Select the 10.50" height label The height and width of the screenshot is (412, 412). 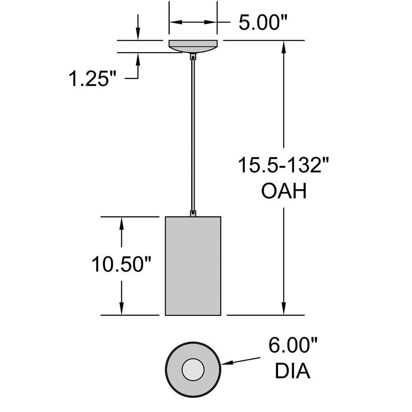click(122, 265)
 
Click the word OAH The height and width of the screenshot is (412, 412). click(284, 191)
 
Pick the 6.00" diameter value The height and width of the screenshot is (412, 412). click(293, 345)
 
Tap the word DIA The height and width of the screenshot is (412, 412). click(293, 371)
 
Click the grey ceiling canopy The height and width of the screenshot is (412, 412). click(193, 47)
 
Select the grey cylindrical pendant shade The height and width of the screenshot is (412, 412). click(193, 266)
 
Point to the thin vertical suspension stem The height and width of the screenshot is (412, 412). click(193, 135)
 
